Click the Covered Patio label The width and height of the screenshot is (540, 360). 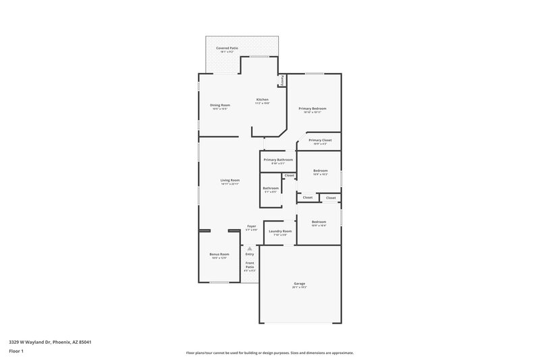tap(227, 49)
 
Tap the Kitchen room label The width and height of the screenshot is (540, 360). tap(262, 100)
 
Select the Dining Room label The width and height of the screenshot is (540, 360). tap(220, 105)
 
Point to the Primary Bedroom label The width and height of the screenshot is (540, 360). tap(313, 109)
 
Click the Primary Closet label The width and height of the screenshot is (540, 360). tap(320, 140)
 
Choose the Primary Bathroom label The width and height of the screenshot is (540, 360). tap(278, 160)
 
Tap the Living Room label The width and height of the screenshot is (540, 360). tap(230, 180)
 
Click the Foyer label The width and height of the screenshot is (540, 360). tap(251, 226)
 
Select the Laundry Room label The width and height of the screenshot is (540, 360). tap(280, 232)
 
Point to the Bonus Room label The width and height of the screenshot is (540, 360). tap(220, 255)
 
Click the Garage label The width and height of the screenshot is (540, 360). tap(299, 284)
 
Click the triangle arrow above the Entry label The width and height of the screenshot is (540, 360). tap(250, 249)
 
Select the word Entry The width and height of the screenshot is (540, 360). tap(250, 255)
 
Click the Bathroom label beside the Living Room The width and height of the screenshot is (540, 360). tap(271, 188)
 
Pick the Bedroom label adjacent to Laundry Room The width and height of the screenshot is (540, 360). tap(319, 222)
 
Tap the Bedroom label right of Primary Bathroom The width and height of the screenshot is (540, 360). tap(320, 171)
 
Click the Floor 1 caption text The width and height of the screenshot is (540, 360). tap(16, 352)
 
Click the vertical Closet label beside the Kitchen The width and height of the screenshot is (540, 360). tap(282, 80)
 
